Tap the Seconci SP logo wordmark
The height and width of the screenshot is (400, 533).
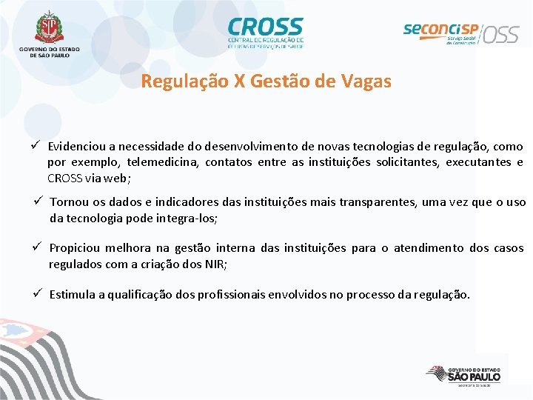(440, 30)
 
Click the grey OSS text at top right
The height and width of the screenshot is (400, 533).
(502, 34)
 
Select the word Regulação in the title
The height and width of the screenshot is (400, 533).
(184, 81)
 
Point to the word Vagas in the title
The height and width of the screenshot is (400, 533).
(366, 81)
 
